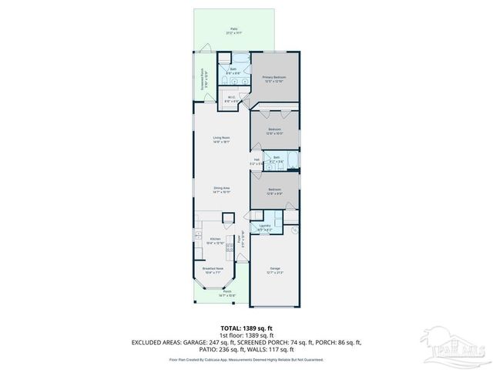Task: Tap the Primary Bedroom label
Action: coord(274,79)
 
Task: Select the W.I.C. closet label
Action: coord(230,99)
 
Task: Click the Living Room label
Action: coord(222,140)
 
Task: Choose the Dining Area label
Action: coord(222,190)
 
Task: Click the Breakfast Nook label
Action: coord(213,271)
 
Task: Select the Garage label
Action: coord(274,271)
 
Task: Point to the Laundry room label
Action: coord(264,227)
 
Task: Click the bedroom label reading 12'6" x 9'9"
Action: coord(274,190)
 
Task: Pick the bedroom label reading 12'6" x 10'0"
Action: coord(274,130)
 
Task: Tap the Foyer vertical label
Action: coord(241,239)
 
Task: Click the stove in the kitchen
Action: coord(230,247)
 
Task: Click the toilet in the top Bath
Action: coord(223,57)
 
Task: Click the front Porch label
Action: coord(227,294)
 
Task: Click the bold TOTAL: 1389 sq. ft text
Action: coord(246,328)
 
